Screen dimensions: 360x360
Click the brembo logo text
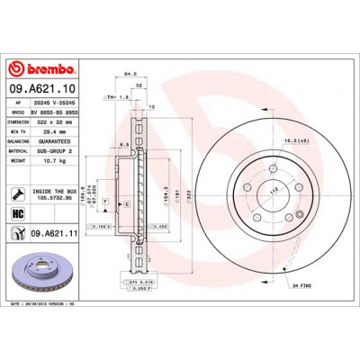click(x=44, y=68)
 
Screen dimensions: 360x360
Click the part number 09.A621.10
click(x=42, y=90)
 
